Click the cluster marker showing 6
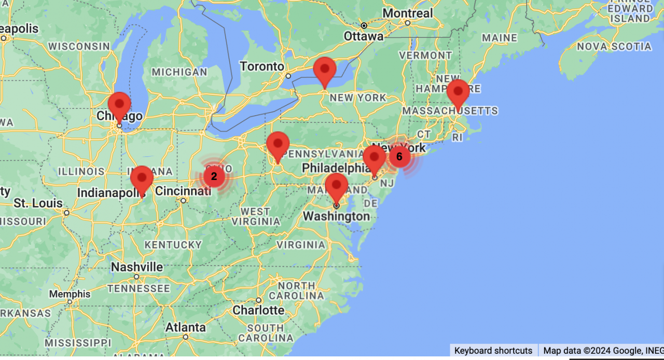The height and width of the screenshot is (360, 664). [399, 156]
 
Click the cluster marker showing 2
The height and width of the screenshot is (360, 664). [214, 177]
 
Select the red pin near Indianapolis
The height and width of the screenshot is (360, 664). [142, 178]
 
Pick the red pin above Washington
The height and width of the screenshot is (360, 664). [336, 186]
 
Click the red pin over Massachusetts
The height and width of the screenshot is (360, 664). [458, 92]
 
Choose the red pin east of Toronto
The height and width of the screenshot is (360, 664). [325, 70]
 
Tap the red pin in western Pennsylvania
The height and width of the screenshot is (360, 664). [278, 144]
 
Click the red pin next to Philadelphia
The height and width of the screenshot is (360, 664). [374, 158]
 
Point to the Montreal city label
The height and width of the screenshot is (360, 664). [407, 13]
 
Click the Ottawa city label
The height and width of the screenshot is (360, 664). [364, 36]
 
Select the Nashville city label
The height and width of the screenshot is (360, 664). [137, 267]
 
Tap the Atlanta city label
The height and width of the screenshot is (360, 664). [185, 327]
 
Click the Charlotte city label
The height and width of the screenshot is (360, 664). [258, 310]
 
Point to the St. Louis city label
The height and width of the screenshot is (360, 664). [38, 203]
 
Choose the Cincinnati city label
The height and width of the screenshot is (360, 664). [183, 191]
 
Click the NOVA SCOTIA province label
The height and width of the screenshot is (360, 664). [614, 46]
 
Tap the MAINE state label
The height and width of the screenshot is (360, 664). [499, 38]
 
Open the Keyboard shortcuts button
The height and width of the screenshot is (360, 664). [493, 351]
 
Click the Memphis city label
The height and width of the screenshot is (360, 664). [70, 294]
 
